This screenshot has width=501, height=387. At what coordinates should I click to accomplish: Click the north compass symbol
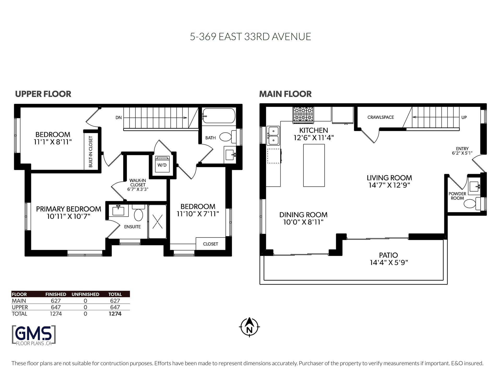point(249,327)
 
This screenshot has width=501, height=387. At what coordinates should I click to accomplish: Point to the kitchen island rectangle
point(314,165)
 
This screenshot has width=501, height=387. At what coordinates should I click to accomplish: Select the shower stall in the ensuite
point(157,222)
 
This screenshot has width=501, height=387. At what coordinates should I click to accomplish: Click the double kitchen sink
point(273,136)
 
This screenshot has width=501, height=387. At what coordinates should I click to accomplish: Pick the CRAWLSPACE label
point(380,117)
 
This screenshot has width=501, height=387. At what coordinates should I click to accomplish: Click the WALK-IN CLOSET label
point(138,183)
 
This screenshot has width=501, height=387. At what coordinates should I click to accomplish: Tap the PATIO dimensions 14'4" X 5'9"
point(389,263)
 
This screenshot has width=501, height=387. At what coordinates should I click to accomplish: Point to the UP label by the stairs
point(464,117)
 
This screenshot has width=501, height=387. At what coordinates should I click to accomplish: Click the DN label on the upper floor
point(118,118)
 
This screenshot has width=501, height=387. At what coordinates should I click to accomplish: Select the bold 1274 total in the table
point(115,314)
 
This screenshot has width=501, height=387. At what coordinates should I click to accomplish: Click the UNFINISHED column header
point(85,294)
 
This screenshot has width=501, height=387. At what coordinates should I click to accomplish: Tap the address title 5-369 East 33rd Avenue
point(250,37)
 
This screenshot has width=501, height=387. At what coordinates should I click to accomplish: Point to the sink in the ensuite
point(119,210)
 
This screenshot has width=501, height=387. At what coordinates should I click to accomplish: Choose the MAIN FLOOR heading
point(285,94)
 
